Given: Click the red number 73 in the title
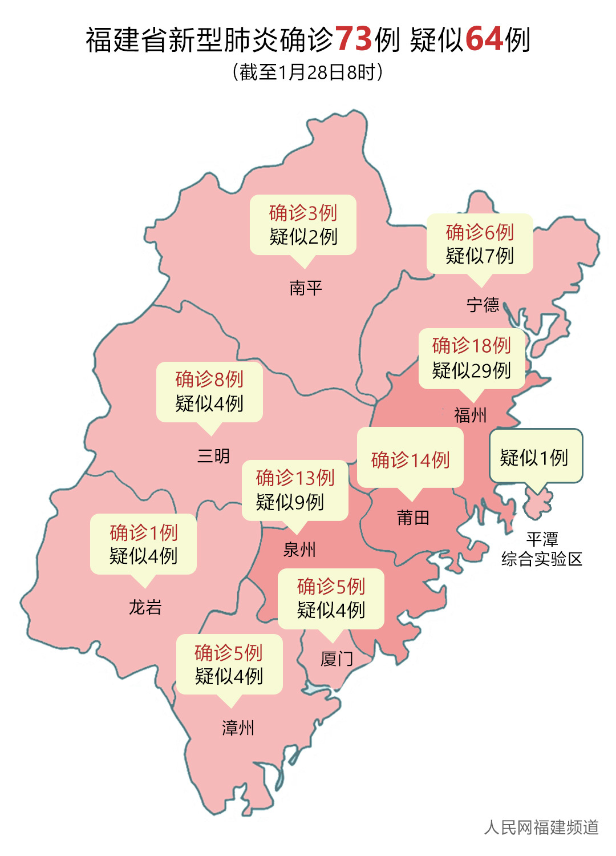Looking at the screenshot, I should click(353, 39).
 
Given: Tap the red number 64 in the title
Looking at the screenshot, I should click(484, 39).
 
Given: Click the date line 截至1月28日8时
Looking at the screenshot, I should click(307, 72).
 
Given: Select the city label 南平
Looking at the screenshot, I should click(306, 288).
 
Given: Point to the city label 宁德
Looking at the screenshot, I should click(483, 305).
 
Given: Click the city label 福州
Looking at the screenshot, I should click(470, 415).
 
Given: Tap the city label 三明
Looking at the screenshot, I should click(213, 456).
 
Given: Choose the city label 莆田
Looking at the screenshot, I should click(413, 518).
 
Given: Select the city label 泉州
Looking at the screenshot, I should click(299, 550).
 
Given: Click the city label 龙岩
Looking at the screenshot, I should click(145, 607).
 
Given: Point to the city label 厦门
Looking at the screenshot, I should click(337, 659).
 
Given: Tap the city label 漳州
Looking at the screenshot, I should click(238, 728).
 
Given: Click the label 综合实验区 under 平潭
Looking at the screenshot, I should click(541, 559).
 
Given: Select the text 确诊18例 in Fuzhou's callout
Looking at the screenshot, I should click(471, 346).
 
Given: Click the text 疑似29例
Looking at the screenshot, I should click(471, 371).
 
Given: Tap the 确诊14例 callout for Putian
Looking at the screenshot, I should click(410, 460).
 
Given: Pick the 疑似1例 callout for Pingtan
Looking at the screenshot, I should click(534, 458).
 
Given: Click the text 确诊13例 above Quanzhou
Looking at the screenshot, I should click(295, 478).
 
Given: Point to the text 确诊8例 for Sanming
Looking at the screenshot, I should click(209, 379).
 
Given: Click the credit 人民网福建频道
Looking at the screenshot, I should click(541, 827).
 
